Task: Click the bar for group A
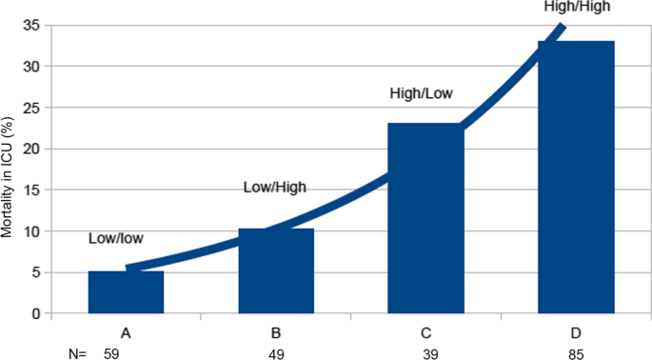[x=126, y=292]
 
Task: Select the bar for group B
[x=276, y=271]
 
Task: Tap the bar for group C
[x=425, y=219]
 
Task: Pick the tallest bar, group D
[x=576, y=178]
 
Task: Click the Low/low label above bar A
[x=116, y=239]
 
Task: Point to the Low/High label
[x=276, y=188]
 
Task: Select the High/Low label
[x=422, y=94]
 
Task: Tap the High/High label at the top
[x=576, y=7]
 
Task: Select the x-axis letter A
[x=126, y=332]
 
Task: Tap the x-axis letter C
[x=425, y=332]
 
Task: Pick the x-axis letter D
[x=576, y=332]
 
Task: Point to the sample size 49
[x=276, y=352]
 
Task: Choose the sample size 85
[x=576, y=352]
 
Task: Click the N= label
[x=77, y=352]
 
